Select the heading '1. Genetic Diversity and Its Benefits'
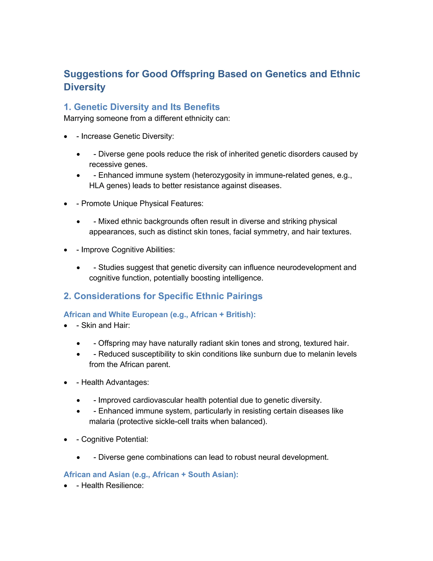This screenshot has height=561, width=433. (142, 107)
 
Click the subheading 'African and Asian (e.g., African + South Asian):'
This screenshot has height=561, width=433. (151, 474)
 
